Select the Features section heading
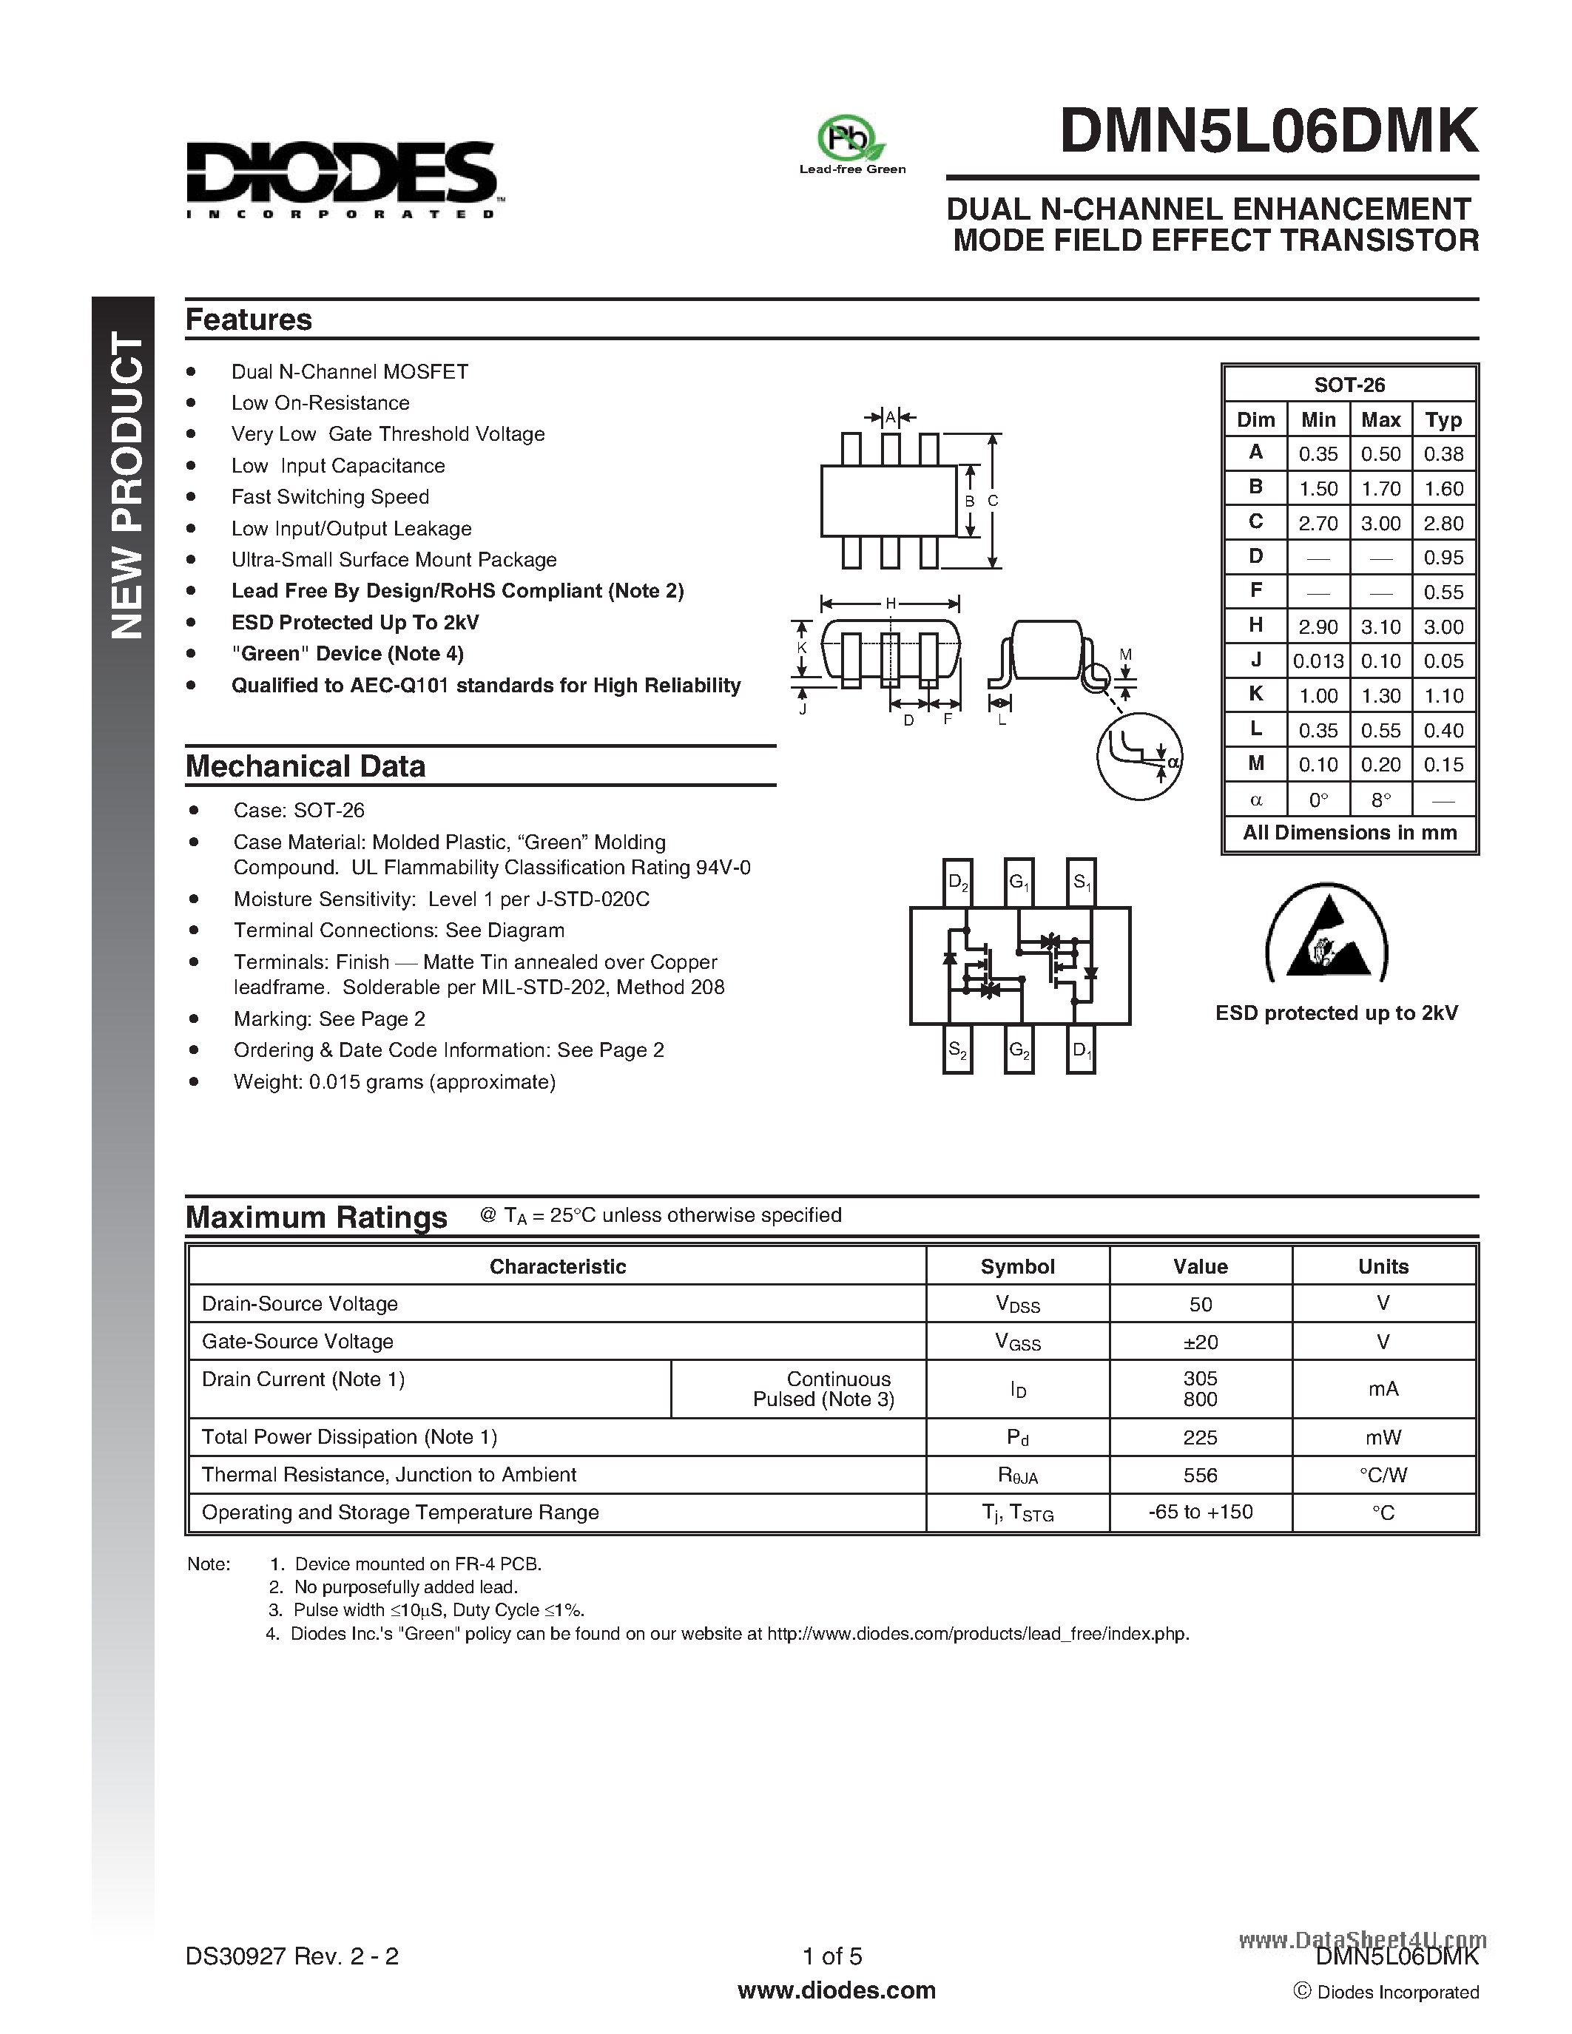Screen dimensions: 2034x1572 [249, 320]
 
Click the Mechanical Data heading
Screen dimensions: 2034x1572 [306, 766]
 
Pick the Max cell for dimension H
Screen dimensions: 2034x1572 [1380, 626]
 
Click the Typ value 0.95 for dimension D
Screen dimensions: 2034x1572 [1443, 558]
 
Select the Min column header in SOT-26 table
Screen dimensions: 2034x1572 [1318, 420]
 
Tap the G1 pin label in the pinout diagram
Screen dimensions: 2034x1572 [1019, 882]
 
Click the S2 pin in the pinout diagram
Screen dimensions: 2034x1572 [957, 1050]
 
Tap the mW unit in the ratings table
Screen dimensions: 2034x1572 [1383, 1437]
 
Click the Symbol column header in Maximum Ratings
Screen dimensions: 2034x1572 [1017, 1266]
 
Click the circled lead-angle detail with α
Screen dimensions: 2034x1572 [1139, 755]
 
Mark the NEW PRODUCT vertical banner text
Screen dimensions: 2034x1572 [126, 485]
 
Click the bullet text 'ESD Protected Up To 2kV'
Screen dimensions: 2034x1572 [355, 622]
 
